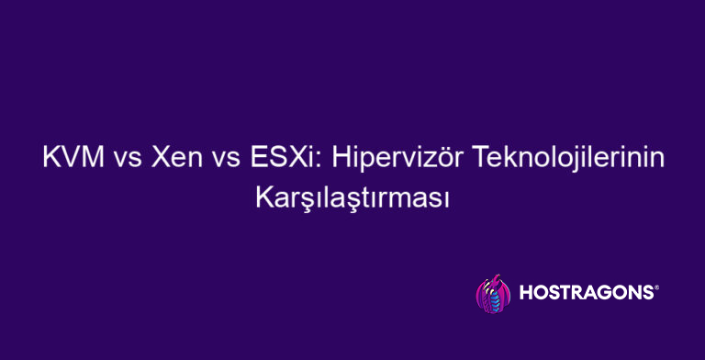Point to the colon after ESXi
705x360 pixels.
(313, 161)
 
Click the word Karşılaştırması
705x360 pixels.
(352, 197)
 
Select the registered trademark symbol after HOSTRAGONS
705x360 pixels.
(655, 287)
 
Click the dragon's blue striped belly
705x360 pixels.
(496, 299)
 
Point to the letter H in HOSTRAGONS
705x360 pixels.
(527, 295)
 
